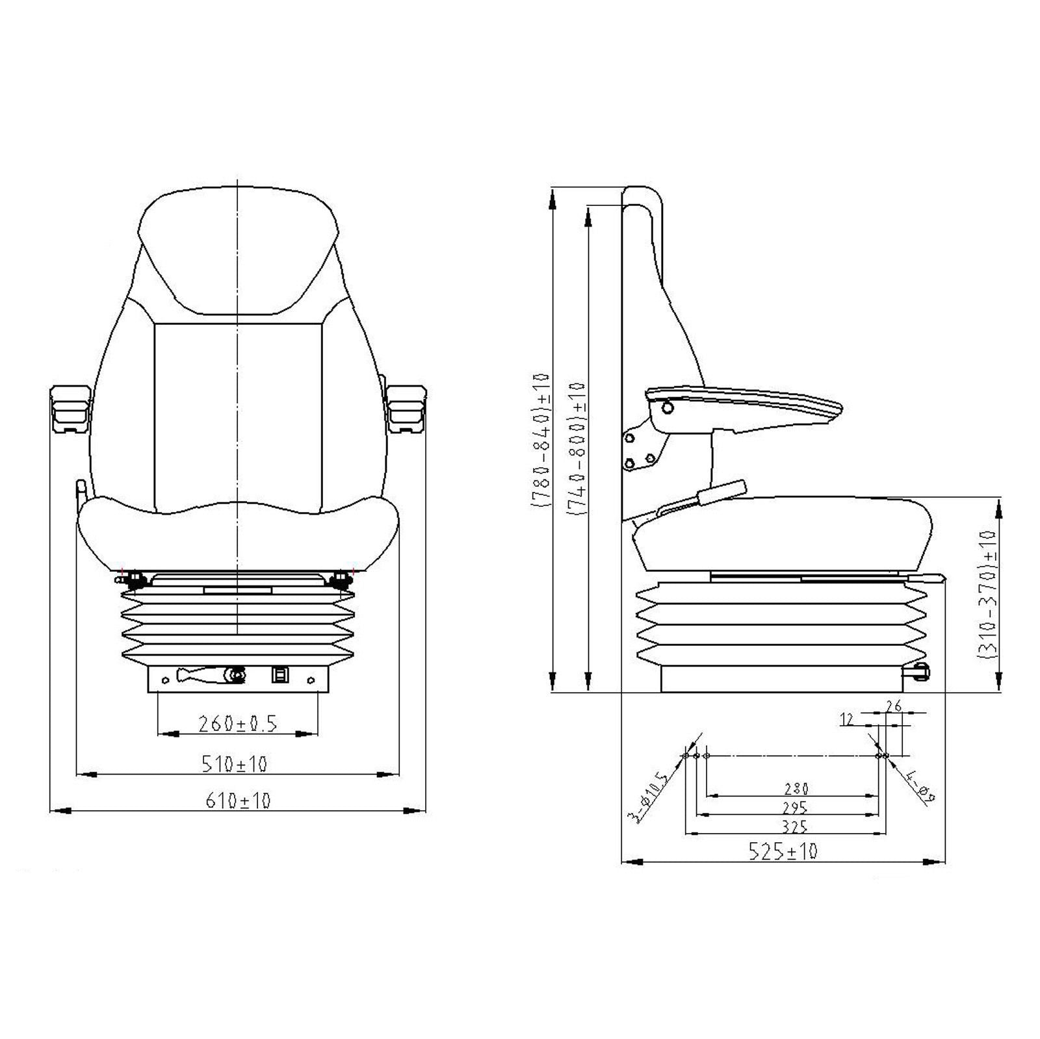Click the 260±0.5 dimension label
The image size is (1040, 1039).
click(x=238, y=723)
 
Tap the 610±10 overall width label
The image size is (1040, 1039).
click(x=237, y=801)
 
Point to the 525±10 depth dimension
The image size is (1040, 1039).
click(x=783, y=851)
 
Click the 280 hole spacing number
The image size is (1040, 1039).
click(x=796, y=789)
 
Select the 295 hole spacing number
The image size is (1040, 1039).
click(x=795, y=808)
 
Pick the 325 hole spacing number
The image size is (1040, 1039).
click(x=795, y=827)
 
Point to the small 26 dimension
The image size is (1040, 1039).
click(x=894, y=706)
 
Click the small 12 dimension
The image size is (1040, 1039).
click(x=846, y=719)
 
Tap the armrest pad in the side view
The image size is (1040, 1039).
click(x=744, y=400)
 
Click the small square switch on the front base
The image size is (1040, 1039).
click(x=279, y=676)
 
